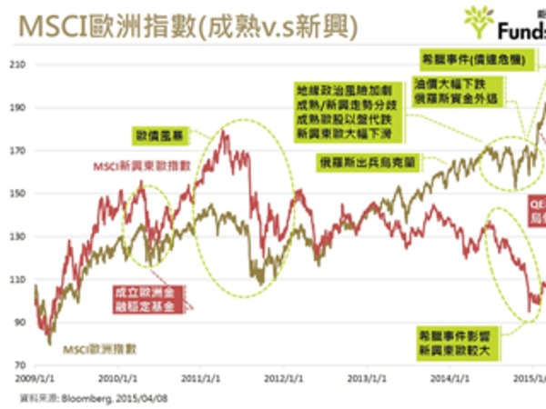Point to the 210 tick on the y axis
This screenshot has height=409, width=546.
[x=18, y=65]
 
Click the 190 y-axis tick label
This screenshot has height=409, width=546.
[x=18, y=107]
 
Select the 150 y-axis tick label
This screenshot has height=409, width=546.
[x=18, y=194]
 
